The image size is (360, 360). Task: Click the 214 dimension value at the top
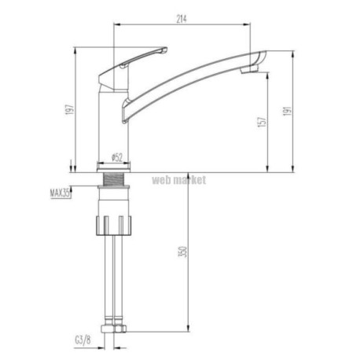click(x=182, y=19)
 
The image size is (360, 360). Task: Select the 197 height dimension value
click(x=70, y=109)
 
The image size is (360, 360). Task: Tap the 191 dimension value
click(x=287, y=111)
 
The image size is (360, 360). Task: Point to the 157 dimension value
click(x=263, y=122)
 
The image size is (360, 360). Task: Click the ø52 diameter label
click(x=117, y=157)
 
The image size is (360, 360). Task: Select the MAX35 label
click(x=60, y=193)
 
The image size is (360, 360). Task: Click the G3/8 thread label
click(x=83, y=340)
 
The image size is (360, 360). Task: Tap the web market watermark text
click(x=179, y=180)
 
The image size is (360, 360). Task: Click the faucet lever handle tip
click(x=164, y=50)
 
